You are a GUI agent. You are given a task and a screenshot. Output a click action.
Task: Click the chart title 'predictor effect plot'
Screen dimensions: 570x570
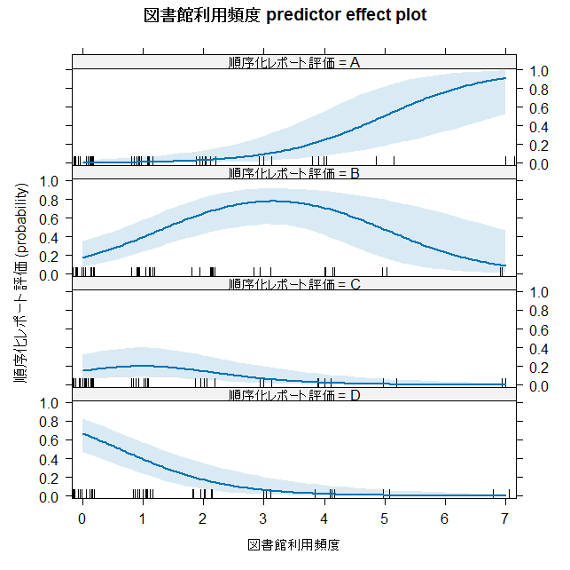click(346, 15)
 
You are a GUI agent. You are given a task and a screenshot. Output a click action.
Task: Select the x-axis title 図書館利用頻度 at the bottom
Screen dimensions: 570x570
click(293, 545)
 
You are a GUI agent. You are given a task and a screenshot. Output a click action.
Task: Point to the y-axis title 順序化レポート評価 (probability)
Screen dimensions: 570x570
click(21, 283)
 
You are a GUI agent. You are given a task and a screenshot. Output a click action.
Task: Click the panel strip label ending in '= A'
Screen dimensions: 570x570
click(294, 63)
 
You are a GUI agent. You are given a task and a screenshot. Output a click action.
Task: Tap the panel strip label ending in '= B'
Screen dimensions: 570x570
click(294, 173)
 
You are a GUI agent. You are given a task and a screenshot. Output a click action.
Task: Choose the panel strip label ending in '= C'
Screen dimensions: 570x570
click(294, 284)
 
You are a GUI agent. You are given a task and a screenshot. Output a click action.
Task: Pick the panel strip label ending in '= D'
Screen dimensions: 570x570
click(294, 395)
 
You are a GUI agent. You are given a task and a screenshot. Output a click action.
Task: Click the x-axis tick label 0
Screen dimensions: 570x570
click(82, 519)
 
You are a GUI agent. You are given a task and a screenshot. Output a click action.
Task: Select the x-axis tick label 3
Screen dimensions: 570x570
click(263, 519)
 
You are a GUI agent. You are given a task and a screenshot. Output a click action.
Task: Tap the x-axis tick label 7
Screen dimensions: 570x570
click(504, 519)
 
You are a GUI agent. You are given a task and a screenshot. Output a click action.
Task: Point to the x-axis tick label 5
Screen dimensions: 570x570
click(384, 519)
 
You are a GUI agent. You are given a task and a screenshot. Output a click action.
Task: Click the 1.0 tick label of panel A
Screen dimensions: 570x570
click(539, 71)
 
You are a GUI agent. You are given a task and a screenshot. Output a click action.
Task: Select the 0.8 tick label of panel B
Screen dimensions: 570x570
click(49, 200)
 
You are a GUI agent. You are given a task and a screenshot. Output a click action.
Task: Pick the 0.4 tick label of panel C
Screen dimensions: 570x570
click(539, 349)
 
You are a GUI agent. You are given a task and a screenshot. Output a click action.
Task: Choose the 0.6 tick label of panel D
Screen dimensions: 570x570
click(49, 440)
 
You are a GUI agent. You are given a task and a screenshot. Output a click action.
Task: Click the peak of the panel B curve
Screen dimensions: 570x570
click(273, 201)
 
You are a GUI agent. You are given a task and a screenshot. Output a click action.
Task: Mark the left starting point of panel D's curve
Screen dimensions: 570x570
click(83, 434)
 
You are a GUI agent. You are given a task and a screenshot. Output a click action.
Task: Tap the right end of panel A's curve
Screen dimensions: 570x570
click(505, 78)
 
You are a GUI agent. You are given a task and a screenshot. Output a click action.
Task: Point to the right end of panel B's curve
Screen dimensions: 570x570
click(505, 265)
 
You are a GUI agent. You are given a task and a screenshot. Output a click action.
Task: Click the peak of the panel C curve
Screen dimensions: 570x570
click(143, 366)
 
